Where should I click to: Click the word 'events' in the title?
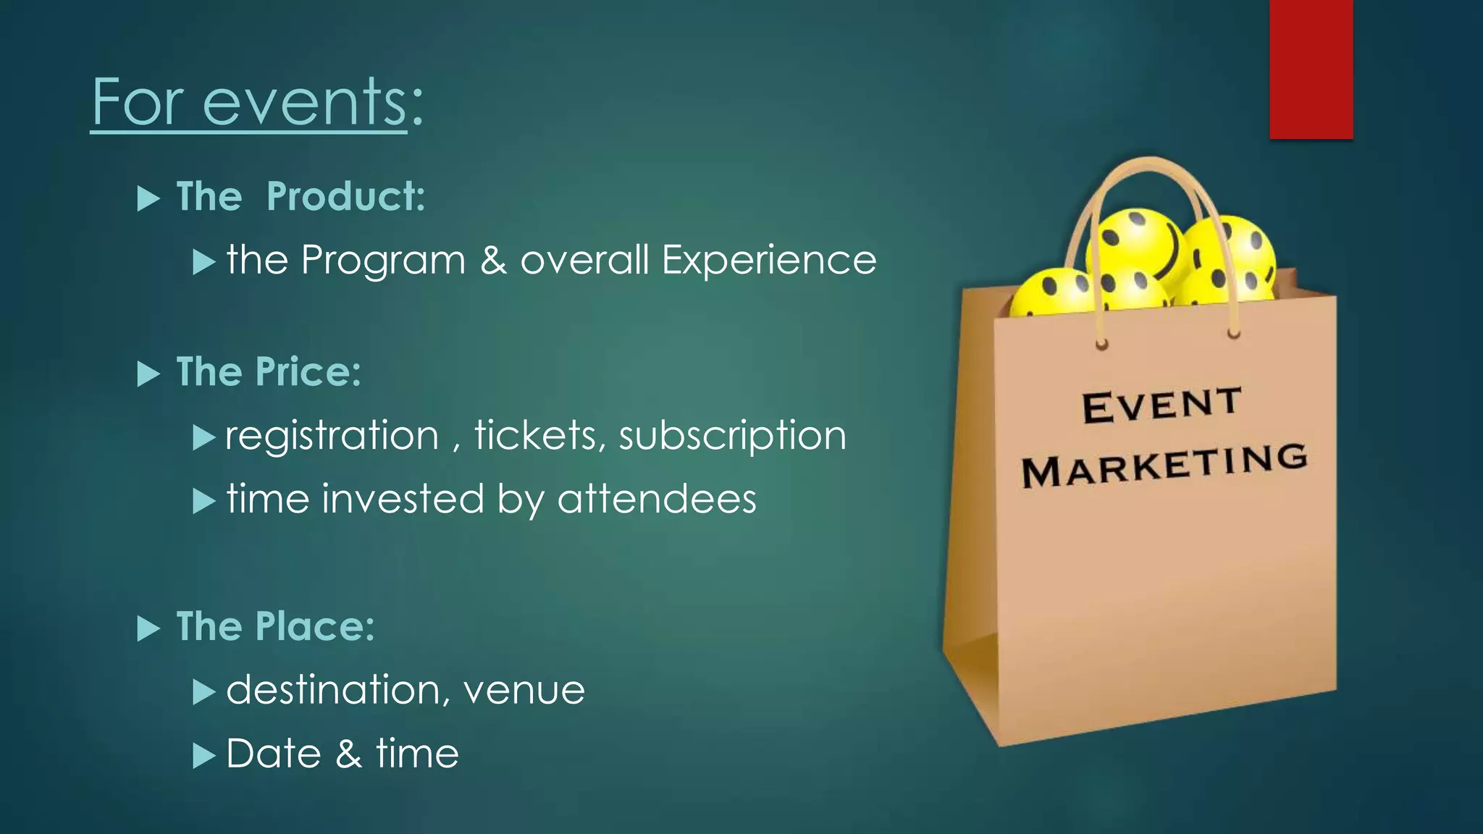tap(304, 103)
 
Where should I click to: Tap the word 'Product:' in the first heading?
tap(345, 197)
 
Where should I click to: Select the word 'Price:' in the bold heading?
tap(308, 373)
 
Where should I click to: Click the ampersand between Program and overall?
tap(493, 261)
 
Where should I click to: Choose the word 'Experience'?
tap(768, 261)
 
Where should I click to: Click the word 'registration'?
tap(332, 436)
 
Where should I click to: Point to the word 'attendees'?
tap(657, 500)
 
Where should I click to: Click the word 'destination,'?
tap(334, 690)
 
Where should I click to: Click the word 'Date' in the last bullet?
tap(273, 754)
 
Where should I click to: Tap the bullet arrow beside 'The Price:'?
tap(148, 374)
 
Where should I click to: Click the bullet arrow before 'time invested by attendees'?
tap(204, 501)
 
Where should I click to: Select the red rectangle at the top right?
tap(1311, 69)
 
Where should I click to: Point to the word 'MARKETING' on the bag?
tap(1164, 466)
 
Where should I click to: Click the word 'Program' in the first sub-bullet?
tap(383, 261)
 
